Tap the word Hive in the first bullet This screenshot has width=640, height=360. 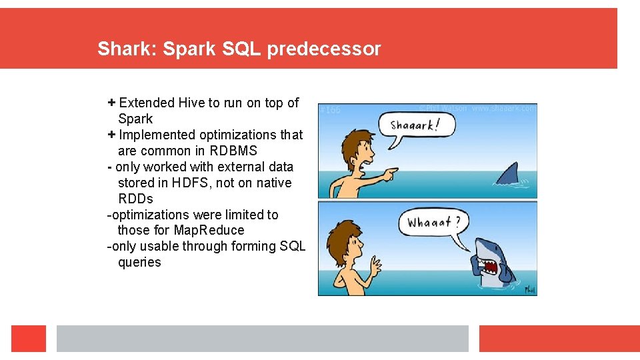pos(191,103)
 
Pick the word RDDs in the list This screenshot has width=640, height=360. pos(135,199)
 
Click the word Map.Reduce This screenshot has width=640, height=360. pos(209,230)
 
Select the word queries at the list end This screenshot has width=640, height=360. pos(139,262)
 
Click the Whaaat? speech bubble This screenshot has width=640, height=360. pos(434,223)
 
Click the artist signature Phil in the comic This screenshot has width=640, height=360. pos(529,290)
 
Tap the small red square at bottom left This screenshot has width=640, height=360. pos(29,339)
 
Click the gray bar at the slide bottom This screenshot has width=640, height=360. pos(262,339)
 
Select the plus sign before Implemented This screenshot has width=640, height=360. pos(111,135)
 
